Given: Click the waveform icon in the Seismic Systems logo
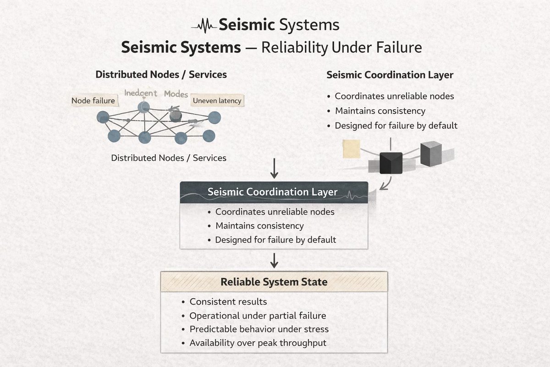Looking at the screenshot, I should [x=204, y=25].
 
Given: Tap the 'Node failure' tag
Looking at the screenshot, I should [x=93, y=100].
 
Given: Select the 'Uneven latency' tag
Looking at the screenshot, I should [x=217, y=100].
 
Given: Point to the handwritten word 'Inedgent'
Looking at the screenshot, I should [x=141, y=93].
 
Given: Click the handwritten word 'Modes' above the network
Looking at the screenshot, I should [x=176, y=94].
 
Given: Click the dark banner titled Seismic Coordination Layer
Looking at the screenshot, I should [x=274, y=192].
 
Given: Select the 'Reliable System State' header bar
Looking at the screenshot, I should [x=274, y=282].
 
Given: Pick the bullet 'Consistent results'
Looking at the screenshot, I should [x=228, y=301].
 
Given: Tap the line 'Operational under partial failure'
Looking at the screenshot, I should [x=258, y=316].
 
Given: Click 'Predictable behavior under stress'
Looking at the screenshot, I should [x=259, y=329].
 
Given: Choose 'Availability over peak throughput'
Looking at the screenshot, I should [x=258, y=343].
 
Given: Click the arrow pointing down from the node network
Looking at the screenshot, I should [x=274, y=169].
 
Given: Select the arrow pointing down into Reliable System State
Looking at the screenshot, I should [x=274, y=260].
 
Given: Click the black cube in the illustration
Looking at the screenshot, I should [x=391, y=163].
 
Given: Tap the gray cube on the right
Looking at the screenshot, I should [x=431, y=153].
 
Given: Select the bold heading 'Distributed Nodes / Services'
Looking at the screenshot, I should [x=161, y=74].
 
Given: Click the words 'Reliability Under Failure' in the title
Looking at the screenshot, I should [x=341, y=47].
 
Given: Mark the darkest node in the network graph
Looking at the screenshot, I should [x=175, y=116].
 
